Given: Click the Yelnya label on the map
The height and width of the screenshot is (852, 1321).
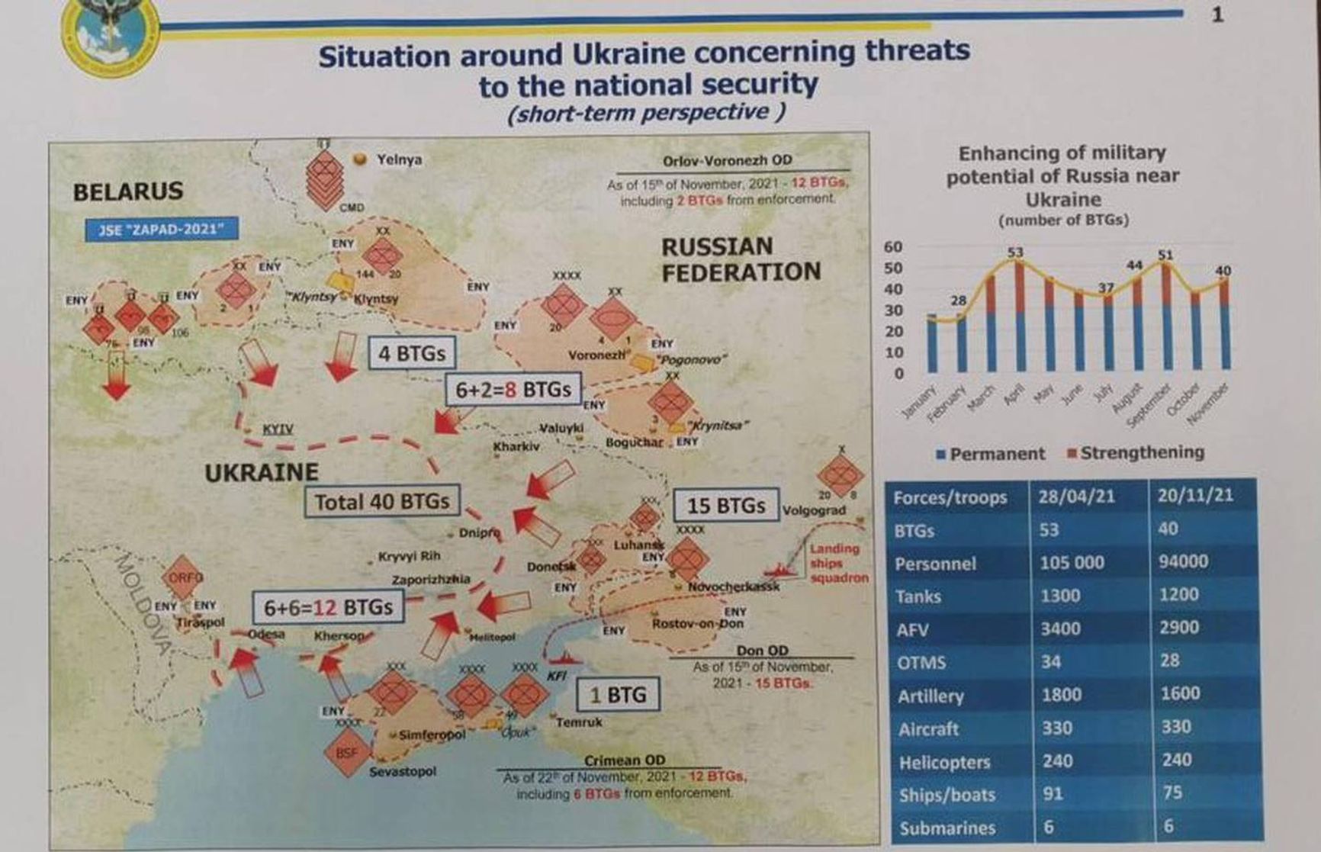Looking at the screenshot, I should pos(399,159).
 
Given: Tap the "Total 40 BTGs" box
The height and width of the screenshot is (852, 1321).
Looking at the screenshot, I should pos(382,502).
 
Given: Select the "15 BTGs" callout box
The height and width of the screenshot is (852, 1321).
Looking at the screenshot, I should pos(725,506).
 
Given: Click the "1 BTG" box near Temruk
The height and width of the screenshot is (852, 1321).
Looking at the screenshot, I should pos(618,694).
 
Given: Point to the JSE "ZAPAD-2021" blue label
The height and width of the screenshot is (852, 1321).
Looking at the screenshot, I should pos(161,229).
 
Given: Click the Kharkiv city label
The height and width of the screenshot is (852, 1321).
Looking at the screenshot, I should pos(516,446).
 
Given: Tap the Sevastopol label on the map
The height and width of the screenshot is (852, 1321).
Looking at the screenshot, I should pos(403,771).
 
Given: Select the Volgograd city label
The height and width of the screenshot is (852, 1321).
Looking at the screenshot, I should pos(814,510).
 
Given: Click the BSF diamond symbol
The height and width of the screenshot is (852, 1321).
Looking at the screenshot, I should pos(347,753).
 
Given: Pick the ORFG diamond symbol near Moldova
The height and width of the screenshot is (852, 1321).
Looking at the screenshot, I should pos(183,577).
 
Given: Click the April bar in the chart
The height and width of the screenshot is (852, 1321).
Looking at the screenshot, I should pos(1020,317).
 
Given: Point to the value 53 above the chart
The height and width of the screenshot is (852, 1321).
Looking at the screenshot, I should pos(1015,252).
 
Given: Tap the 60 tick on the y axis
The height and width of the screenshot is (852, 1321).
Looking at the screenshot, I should pos(893,246).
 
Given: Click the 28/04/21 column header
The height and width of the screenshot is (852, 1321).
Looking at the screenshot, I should pos(1076,497).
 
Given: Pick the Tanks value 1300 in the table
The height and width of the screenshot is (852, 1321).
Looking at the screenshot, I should pos(1060,596).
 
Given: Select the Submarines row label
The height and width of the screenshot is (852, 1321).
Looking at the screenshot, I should pos(947,828).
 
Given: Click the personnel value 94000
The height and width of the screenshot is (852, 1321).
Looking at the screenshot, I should pos(1183,561).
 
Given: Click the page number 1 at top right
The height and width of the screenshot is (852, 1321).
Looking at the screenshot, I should pos(1217,15).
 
